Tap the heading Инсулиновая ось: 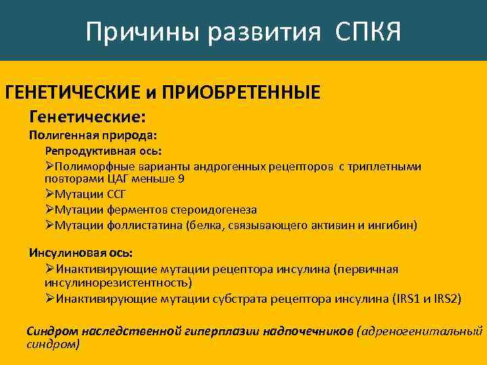pos(80,253)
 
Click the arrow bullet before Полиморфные pos(50,166)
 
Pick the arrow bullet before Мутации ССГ pos(50,195)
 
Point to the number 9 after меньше pos(181,179)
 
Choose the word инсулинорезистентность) pos(118,283)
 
